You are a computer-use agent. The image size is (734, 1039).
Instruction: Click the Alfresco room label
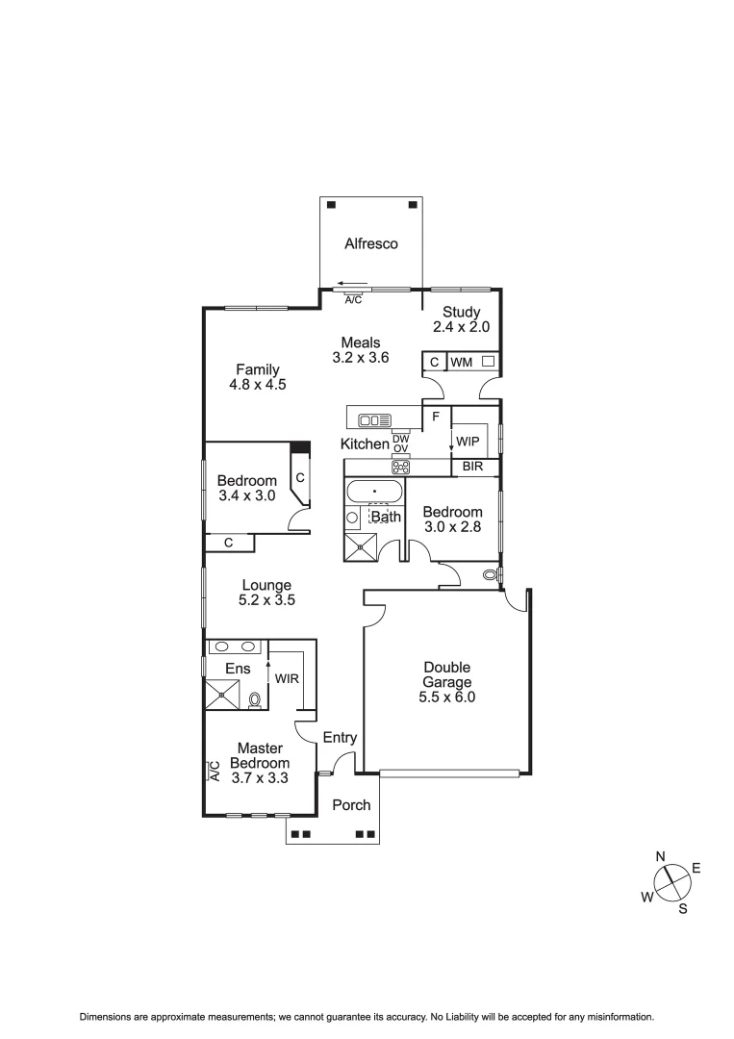click(371, 244)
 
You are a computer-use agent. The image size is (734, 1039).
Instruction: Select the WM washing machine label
click(462, 363)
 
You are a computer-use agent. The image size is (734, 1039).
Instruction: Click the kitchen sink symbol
click(374, 419)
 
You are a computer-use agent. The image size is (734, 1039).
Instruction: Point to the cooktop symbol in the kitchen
click(400, 468)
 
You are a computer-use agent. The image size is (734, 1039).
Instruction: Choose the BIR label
click(472, 468)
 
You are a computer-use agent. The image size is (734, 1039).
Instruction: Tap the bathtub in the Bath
click(375, 492)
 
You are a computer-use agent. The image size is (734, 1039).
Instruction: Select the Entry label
click(340, 738)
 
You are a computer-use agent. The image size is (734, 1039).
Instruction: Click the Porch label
click(351, 805)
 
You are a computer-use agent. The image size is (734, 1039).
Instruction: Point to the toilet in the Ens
click(255, 699)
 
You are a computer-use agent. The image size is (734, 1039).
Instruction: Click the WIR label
click(287, 678)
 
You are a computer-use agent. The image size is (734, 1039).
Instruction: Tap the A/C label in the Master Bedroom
click(215, 771)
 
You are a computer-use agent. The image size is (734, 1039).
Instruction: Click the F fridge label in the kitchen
click(436, 417)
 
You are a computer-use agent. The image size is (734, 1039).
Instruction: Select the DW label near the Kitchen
click(400, 439)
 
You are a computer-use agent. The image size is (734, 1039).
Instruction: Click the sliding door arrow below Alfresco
click(345, 284)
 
